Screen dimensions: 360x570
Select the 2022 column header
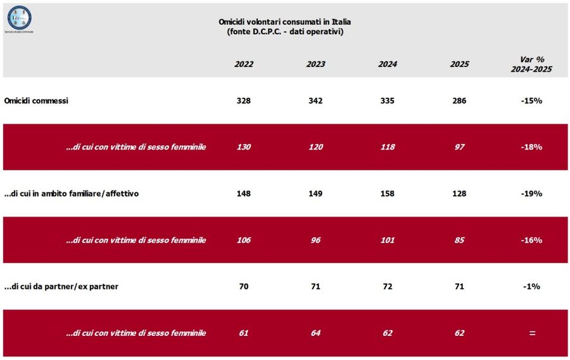click(x=244, y=64)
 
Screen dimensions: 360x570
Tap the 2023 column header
click(x=315, y=64)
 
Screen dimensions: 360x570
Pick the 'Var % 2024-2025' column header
click(x=531, y=64)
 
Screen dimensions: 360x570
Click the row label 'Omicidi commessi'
click(x=36, y=101)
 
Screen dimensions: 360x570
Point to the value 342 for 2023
click(x=315, y=101)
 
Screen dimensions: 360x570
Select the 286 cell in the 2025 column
click(x=459, y=101)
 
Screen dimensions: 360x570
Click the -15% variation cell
click(x=531, y=101)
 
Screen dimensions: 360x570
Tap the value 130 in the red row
click(x=244, y=147)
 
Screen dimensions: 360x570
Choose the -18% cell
click(x=531, y=147)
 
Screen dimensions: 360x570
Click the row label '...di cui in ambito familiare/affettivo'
click(x=71, y=193)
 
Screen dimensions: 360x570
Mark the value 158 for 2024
click(x=387, y=193)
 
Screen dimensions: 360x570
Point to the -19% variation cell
click(x=531, y=193)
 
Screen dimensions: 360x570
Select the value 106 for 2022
click(x=244, y=240)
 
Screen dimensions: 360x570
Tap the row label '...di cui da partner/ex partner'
click(x=61, y=286)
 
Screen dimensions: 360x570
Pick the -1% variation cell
click(x=531, y=286)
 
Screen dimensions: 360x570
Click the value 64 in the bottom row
click(x=315, y=333)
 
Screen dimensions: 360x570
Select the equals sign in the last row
click(x=531, y=333)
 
